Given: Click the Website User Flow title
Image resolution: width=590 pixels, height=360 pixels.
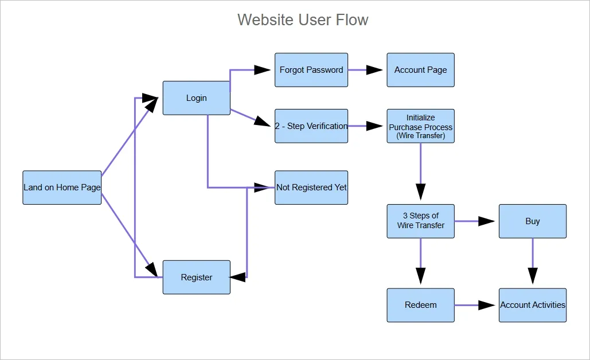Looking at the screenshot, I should point(303,19).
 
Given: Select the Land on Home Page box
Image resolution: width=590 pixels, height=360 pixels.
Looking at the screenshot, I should point(62,187).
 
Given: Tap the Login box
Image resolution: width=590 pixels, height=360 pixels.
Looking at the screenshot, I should point(196,98).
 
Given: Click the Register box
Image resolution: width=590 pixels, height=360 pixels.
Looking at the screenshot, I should point(196,277).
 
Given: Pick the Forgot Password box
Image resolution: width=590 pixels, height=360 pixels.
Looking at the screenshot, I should point(311,70).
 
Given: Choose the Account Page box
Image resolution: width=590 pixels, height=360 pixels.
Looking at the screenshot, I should point(420,70).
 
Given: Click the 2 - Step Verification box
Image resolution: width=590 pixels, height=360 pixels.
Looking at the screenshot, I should point(311,126).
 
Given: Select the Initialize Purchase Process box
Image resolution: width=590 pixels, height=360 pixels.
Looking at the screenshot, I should point(420,126).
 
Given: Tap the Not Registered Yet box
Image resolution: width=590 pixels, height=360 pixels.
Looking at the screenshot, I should point(311,187).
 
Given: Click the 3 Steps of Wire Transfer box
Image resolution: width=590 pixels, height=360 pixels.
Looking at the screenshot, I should point(420,221).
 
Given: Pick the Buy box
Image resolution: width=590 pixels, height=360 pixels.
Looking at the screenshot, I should point(533,221).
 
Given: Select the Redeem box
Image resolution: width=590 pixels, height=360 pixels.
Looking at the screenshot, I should point(420,305).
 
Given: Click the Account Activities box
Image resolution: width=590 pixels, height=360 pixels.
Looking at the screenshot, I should point(533,305).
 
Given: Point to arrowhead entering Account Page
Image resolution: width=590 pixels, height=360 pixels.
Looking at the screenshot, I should point(375,70).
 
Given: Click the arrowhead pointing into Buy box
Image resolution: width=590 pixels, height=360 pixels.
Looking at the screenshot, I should point(487,221).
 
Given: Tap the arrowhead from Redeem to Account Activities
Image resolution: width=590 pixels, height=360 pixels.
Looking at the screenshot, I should point(487,305).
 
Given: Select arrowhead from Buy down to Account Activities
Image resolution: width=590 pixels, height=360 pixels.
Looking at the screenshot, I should point(533,276).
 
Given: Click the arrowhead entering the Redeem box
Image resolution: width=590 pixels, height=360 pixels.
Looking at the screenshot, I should point(420,276).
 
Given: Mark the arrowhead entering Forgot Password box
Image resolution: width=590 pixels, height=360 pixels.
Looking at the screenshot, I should point(263,70).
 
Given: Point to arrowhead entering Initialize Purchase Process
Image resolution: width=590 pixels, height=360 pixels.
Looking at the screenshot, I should point(375,126).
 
